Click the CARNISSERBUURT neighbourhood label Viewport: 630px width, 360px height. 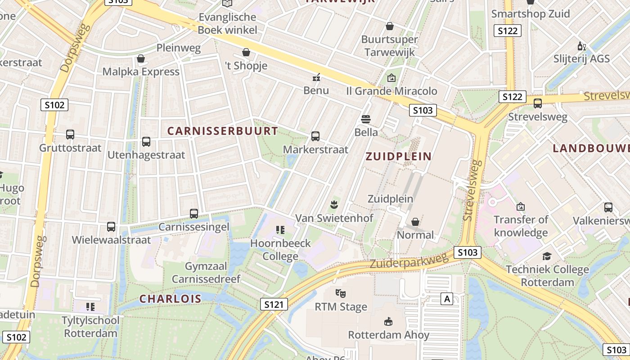click(223, 131)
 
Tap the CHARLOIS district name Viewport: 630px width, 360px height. click(170, 299)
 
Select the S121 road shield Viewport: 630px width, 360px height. click(274, 305)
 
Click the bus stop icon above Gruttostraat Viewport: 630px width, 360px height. click(70, 135)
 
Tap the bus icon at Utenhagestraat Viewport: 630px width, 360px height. click(146, 142)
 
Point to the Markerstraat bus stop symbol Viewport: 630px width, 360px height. click(315, 136)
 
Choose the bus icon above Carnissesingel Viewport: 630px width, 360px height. click(194, 214)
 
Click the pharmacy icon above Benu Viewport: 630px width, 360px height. click(316, 77)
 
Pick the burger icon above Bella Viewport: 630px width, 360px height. click(366, 119)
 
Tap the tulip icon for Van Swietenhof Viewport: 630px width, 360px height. click(334, 205)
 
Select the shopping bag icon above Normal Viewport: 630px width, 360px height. click(415, 222)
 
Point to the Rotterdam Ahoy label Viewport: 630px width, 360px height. click(389, 335)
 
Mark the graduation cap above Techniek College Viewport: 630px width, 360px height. click(547, 256)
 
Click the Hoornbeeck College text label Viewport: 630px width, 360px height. click(281, 250)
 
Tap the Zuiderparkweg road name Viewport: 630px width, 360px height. click(409, 261)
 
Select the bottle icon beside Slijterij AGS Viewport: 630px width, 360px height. click(581, 46)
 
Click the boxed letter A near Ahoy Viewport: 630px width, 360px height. click(446, 299)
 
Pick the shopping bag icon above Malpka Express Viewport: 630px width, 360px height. click(141, 59)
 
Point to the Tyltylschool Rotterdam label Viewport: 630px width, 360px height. click(91, 327)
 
